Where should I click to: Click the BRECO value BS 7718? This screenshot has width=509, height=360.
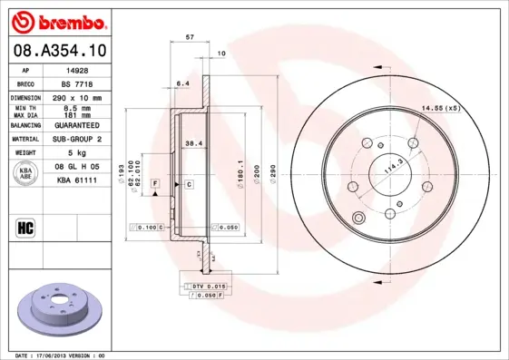tap(78, 83)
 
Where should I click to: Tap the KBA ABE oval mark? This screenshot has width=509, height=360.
tap(25, 175)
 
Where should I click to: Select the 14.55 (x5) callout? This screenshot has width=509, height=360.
tap(440, 109)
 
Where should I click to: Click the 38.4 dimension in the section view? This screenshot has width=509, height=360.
tap(192, 143)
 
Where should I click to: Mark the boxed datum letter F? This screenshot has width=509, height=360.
tap(155, 184)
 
